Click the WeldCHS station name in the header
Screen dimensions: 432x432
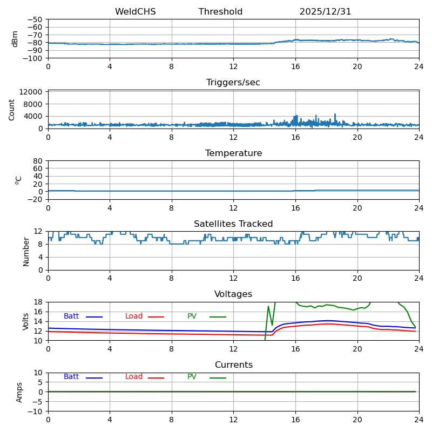point(135,12)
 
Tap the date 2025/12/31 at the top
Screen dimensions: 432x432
point(325,12)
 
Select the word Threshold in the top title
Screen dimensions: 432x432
point(220,12)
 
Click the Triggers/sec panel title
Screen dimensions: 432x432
point(233,83)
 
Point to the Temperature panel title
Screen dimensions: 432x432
point(233,153)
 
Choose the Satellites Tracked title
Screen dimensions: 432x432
point(233,224)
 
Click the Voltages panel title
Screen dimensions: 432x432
point(233,294)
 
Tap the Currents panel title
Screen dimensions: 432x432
point(233,365)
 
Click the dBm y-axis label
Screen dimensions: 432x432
point(15,38)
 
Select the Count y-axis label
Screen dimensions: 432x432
point(12,109)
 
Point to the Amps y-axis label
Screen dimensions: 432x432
point(19,392)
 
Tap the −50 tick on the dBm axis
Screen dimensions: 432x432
point(35,19)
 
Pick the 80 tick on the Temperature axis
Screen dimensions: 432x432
point(38,161)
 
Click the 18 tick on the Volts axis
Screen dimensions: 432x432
point(39,302)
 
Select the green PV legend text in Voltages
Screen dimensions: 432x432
point(192,316)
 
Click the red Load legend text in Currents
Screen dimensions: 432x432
point(134,377)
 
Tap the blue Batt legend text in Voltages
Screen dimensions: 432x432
point(71,316)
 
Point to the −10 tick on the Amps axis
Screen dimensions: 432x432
point(35,411)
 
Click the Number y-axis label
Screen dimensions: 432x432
point(26,251)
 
